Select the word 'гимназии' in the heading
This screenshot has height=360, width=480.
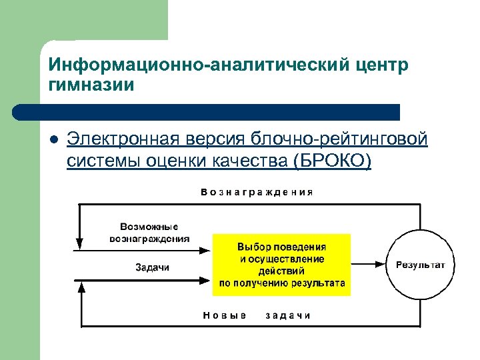(91, 85)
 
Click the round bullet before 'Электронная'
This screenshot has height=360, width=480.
(53, 141)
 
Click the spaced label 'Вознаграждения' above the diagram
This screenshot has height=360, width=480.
(257, 192)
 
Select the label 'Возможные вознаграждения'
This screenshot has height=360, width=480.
(149, 233)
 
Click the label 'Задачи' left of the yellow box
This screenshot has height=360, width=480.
(153, 267)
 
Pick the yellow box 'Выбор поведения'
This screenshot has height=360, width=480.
(281, 265)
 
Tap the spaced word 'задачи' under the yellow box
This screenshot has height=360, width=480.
(288, 315)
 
